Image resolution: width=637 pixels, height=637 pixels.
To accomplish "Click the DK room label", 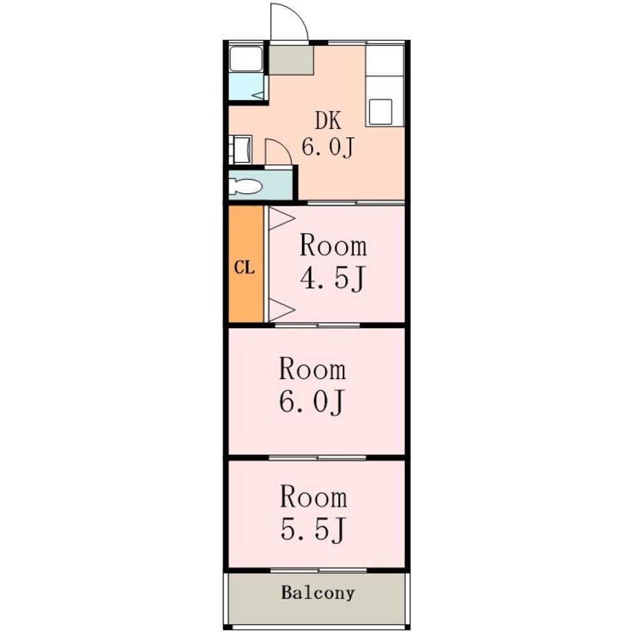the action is click(x=328, y=120).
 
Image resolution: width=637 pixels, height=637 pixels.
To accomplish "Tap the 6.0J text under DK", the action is click(x=328, y=147).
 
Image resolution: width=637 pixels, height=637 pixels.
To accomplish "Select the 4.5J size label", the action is click(x=333, y=278).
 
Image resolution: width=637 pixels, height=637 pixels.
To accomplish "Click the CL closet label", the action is click(x=244, y=268).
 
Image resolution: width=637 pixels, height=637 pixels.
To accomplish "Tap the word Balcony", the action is click(x=318, y=593).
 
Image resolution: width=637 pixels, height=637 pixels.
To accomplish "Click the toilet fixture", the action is click(x=245, y=187).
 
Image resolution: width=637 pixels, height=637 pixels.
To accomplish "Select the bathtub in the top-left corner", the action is click(x=246, y=59).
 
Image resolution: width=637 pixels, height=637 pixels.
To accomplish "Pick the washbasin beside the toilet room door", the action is click(x=241, y=150).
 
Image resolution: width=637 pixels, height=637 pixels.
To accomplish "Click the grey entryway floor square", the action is click(x=291, y=60).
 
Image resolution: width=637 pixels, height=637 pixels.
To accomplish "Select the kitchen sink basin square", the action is click(x=381, y=111).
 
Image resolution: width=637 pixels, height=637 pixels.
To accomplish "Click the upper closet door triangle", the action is click(x=281, y=218).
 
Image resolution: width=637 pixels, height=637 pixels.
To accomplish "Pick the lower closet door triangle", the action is click(x=281, y=310).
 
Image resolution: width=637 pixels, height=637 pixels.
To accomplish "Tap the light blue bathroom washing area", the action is click(x=246, y=87).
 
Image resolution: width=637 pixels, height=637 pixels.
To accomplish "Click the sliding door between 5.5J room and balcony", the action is click(x=318, y=570).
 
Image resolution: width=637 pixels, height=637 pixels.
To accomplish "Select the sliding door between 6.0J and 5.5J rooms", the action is click(x=317, y=458).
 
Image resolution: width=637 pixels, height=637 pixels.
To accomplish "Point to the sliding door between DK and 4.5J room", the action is click(x=356, y=203).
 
